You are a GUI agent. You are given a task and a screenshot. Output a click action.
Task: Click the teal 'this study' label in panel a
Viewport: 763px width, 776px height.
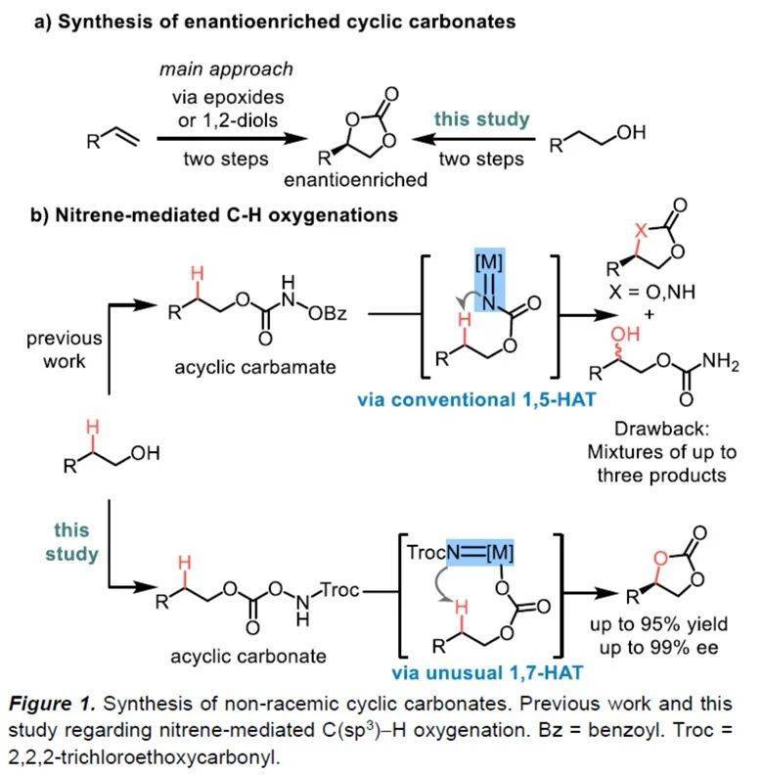tap(481, 119)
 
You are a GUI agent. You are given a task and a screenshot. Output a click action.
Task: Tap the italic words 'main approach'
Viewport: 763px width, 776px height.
tap(226, 68)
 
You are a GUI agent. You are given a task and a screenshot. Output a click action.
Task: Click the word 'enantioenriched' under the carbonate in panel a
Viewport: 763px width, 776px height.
tap(355, 179)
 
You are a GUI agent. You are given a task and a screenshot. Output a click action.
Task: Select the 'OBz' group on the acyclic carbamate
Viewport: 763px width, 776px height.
tap(327, 313)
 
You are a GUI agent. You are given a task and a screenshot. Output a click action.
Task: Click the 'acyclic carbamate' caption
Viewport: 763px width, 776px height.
tap(255, 367)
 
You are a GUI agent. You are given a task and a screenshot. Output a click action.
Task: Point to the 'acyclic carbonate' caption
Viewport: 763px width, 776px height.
tap(248, 657)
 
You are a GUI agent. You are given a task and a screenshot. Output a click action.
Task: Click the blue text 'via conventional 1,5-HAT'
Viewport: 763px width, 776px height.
tap(476, 399)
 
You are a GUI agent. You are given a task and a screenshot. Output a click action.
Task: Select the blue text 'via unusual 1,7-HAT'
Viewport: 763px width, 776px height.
tap(487, 673)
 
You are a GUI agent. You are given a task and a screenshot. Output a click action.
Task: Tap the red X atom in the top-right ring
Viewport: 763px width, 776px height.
tap(641, 230)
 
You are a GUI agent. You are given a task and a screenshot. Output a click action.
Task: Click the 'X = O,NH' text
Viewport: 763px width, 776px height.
tap(651, 292)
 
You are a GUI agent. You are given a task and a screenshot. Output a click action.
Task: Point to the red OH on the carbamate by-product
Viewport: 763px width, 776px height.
tap(625, 334)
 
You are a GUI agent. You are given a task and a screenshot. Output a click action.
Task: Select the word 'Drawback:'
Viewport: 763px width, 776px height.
tap(661, 429)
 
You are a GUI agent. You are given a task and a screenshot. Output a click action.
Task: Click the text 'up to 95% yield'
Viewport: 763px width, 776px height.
tap(658, 624)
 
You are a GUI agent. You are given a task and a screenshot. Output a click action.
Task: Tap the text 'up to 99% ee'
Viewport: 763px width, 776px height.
tap(658, 648)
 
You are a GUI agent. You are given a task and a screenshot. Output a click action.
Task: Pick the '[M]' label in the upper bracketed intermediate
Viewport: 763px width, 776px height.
tap(489, 262)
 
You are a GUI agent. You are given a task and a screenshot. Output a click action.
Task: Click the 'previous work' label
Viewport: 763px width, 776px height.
tap(65, 349)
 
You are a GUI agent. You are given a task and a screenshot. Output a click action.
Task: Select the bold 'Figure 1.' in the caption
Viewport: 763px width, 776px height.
tap(52, 704)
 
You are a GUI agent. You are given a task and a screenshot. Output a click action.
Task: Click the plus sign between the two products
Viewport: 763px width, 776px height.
tap(650, 314)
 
